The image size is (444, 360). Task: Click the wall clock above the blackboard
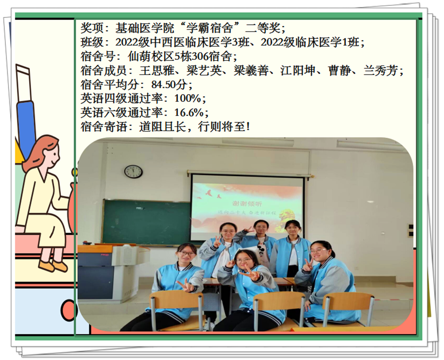pos(133,172)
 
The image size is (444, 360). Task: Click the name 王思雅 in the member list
pos(156,71)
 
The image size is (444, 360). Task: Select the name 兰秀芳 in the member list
pos(380,71)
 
